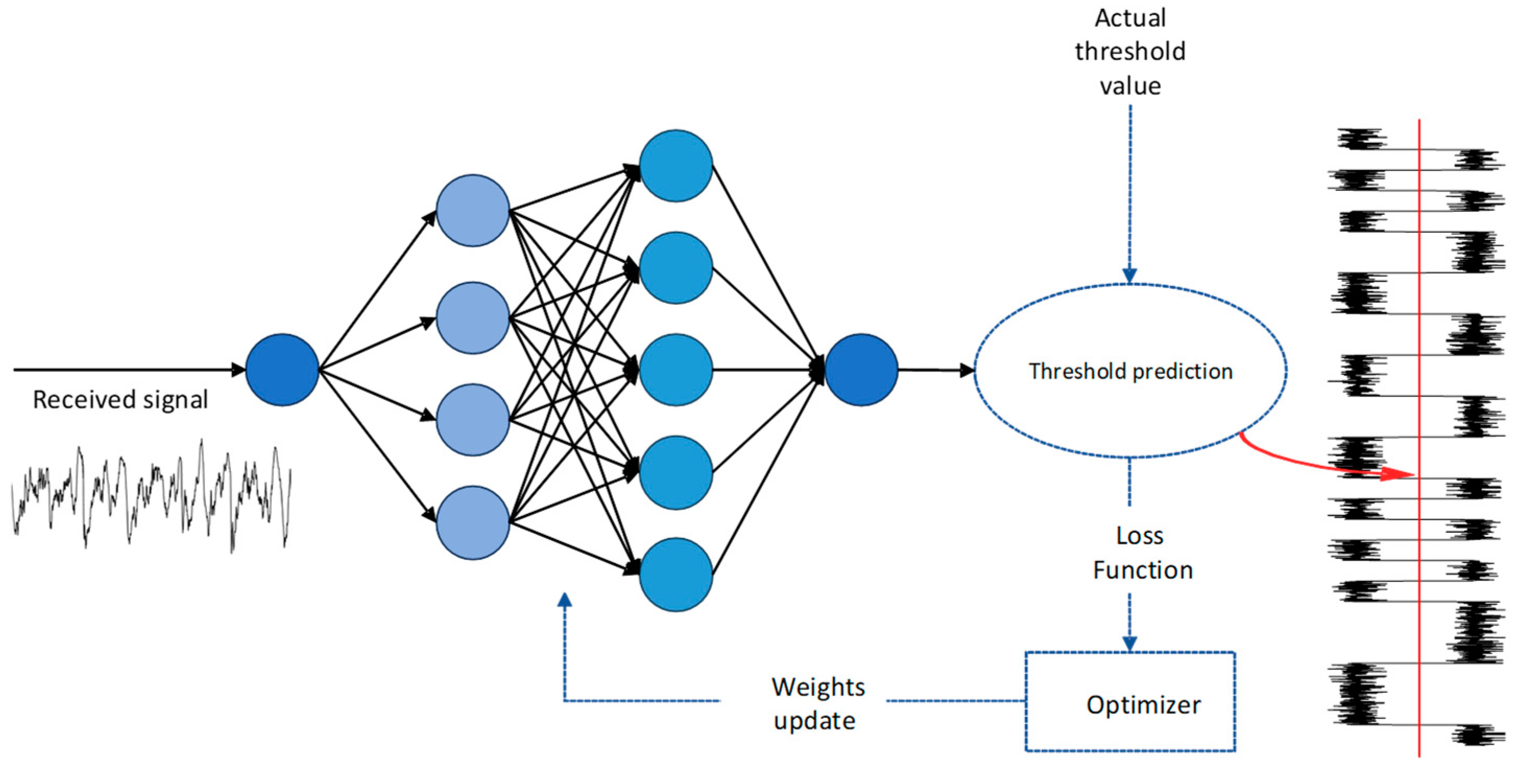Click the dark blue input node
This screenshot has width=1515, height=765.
point(282,369)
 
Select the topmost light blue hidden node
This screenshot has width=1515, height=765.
point(472,210)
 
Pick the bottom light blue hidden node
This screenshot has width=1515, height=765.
point(472,522)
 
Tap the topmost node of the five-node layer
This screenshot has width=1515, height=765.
point(676,166)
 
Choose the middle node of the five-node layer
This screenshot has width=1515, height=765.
point(676,369)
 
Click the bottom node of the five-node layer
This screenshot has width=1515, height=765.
point(676,575)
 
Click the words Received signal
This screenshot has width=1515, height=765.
point(120,400)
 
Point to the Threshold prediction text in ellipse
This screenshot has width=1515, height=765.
point(1130,372)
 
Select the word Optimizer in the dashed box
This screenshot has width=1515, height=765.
point(1143,704)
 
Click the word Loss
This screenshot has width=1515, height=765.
point(1139,535)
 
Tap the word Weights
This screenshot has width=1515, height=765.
point(818,687)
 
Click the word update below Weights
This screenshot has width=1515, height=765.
point(814,721)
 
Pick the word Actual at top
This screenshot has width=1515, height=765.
point(1130,18)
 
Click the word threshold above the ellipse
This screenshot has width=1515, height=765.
point(1130,52)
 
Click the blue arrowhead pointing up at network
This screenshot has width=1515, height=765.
point(564,600)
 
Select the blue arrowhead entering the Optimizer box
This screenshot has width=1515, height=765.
point(1129,644)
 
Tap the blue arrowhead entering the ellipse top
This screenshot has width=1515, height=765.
point(1129,276)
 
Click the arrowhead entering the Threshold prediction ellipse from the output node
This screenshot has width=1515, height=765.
point(966,370)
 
